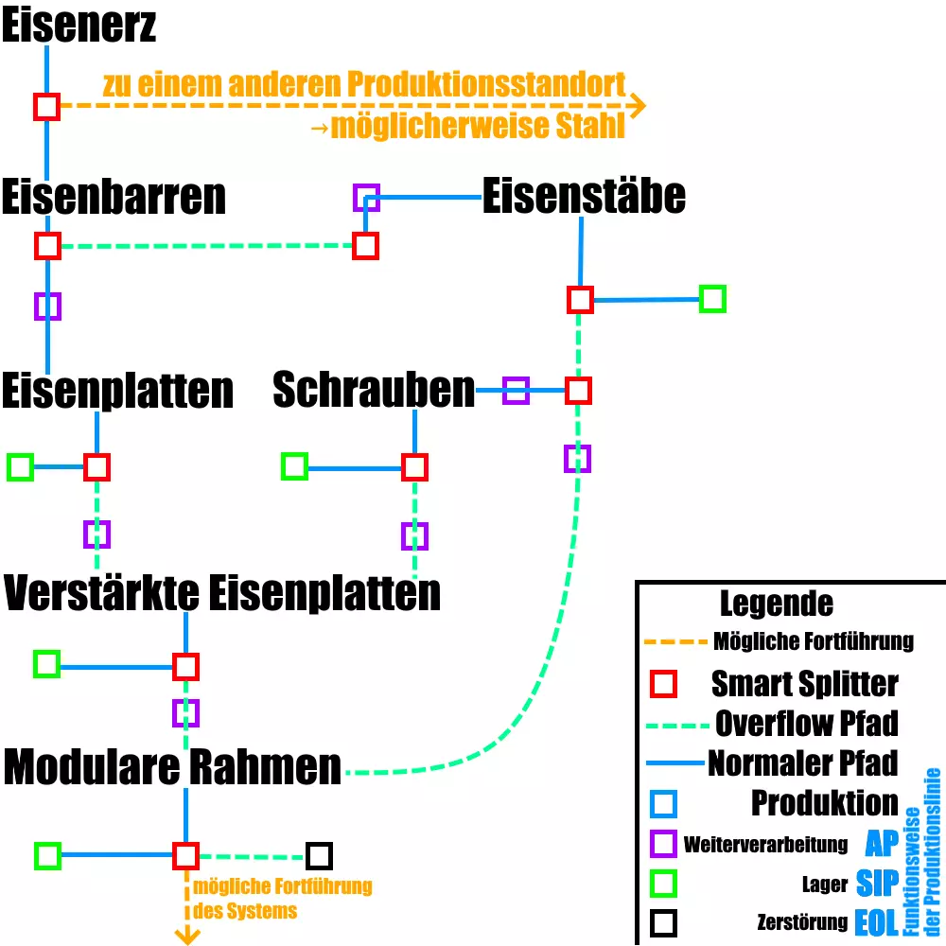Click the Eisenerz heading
(79, 26)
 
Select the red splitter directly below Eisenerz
(47, 106)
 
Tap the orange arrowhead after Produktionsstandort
(637, 106)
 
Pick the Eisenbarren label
(114, 198)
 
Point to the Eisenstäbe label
(584, 197)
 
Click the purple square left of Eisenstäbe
(366, 198)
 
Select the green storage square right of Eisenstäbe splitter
(712, 299)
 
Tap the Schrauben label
(374, 390)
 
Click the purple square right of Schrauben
(516, 390)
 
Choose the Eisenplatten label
(117, 391)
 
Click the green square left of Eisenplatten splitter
(20, 466)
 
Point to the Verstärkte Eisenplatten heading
(222, 593)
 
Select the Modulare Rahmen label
(172, 767)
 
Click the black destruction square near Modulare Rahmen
(319, 856)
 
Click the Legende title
(776, 603)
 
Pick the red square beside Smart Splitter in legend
(664, 684)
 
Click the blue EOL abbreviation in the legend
(876, 922)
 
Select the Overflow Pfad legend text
(806, 724)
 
